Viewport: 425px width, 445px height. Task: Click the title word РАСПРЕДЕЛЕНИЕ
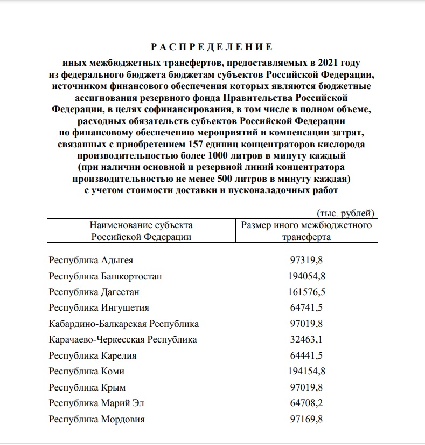click(212, 46)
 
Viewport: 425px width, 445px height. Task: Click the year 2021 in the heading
click(332, 62)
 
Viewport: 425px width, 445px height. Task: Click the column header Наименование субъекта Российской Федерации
click(141, 231)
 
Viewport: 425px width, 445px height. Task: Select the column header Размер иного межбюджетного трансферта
click(306, 231)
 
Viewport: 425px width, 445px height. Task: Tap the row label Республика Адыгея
click(90, 261)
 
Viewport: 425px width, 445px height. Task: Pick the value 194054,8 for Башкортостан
click(306, 276)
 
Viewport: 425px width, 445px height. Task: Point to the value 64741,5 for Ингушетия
click(306, 308)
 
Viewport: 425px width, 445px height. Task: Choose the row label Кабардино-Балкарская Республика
click(124, 324)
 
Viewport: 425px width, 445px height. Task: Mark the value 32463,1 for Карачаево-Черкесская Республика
click(306, 340)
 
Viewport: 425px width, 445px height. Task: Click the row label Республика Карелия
click(93, 355)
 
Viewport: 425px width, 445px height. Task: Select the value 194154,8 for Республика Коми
click(306, 372)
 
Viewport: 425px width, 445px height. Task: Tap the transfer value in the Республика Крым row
click(306, 387)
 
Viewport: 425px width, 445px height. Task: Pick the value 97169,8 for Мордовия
click(306, 419)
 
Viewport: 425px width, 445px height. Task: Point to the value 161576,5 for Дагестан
click(306, 292)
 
